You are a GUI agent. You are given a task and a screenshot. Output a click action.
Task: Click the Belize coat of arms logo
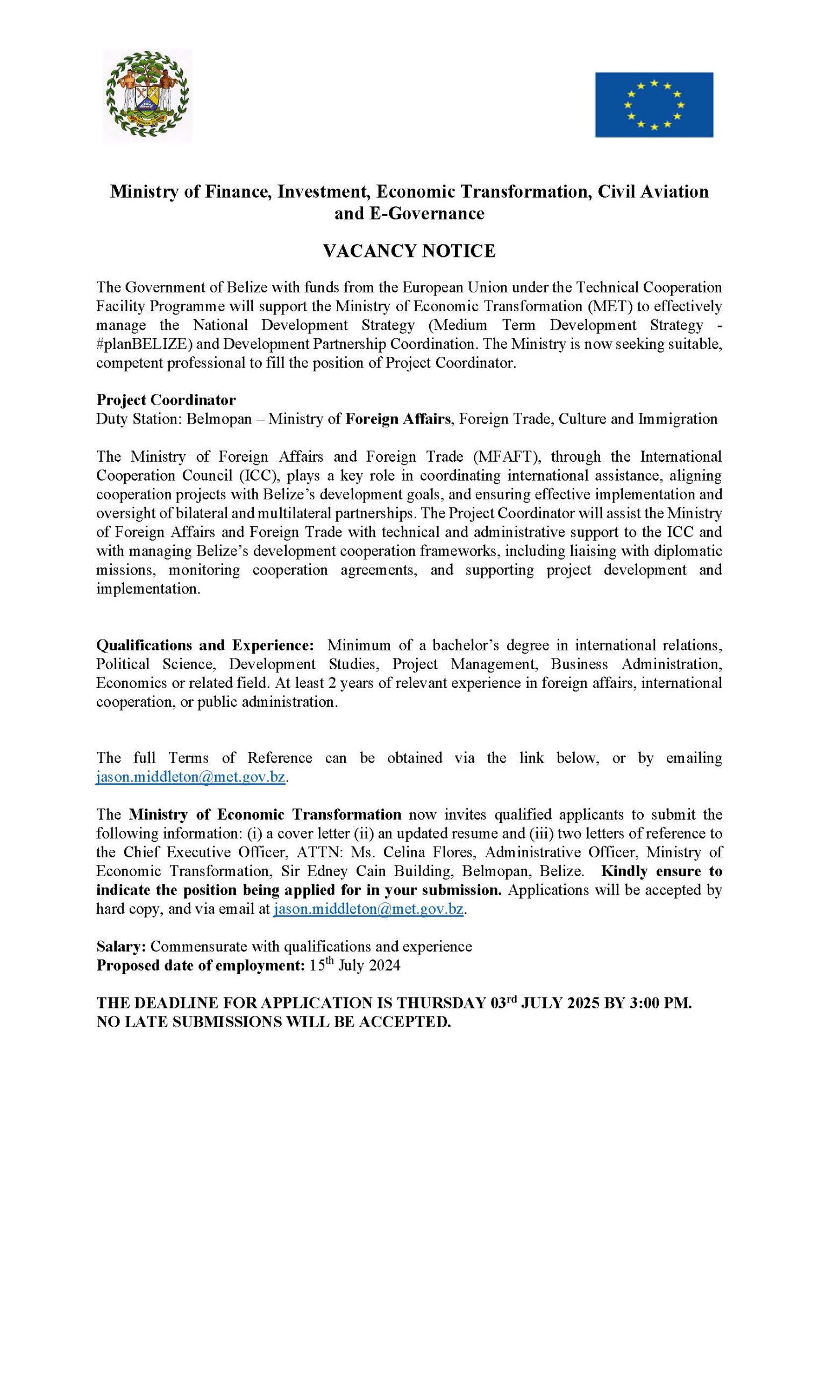(x=147, y=96)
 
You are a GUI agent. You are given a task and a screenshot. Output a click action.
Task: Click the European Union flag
(x=653, y=105)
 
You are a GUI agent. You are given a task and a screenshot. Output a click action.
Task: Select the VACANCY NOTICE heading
(x=409, y=251)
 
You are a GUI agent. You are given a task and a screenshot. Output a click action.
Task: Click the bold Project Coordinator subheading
(x=166, y=400)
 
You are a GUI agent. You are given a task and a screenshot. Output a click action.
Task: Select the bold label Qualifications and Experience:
(x=205, y=645)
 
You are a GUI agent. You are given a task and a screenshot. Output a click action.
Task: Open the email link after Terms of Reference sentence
(x=191, y=778)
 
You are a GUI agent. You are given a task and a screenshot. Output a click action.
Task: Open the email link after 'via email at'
(x=369, y=909)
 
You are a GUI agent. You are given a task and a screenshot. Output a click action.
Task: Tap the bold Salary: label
(x=121, y=947)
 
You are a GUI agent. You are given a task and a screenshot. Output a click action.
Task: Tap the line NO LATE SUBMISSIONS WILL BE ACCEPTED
(x=274, y=1022)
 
